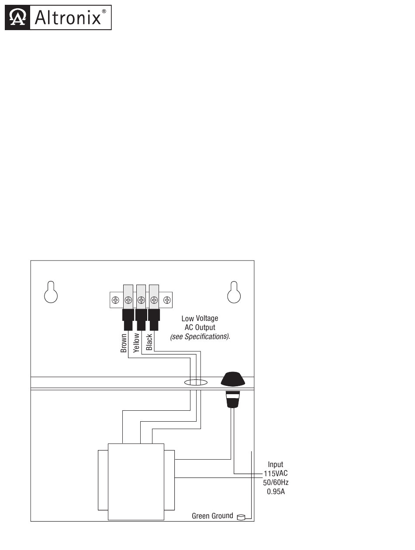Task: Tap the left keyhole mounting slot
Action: [x=51, y=293]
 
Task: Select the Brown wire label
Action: [x=124, y=343]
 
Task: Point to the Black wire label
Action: [x=149, y=342]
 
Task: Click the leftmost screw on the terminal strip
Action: [x=115, y=300]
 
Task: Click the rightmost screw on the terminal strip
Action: [x=167, y=300]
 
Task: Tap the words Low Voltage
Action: [x=200, y=319]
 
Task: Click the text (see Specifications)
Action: [x=200, y=337]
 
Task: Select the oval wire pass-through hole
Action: [x=195, y=383]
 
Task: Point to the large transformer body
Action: [x=136, y=481]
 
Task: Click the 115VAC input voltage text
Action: [x=276, y=474]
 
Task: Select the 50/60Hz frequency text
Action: [x=276, y=483]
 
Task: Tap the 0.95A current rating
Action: [x=276, y=492]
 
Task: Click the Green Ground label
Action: [x=212, y=516]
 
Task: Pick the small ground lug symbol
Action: [x=241, y=518]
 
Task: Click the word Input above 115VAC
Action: [x=276, y=464]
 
